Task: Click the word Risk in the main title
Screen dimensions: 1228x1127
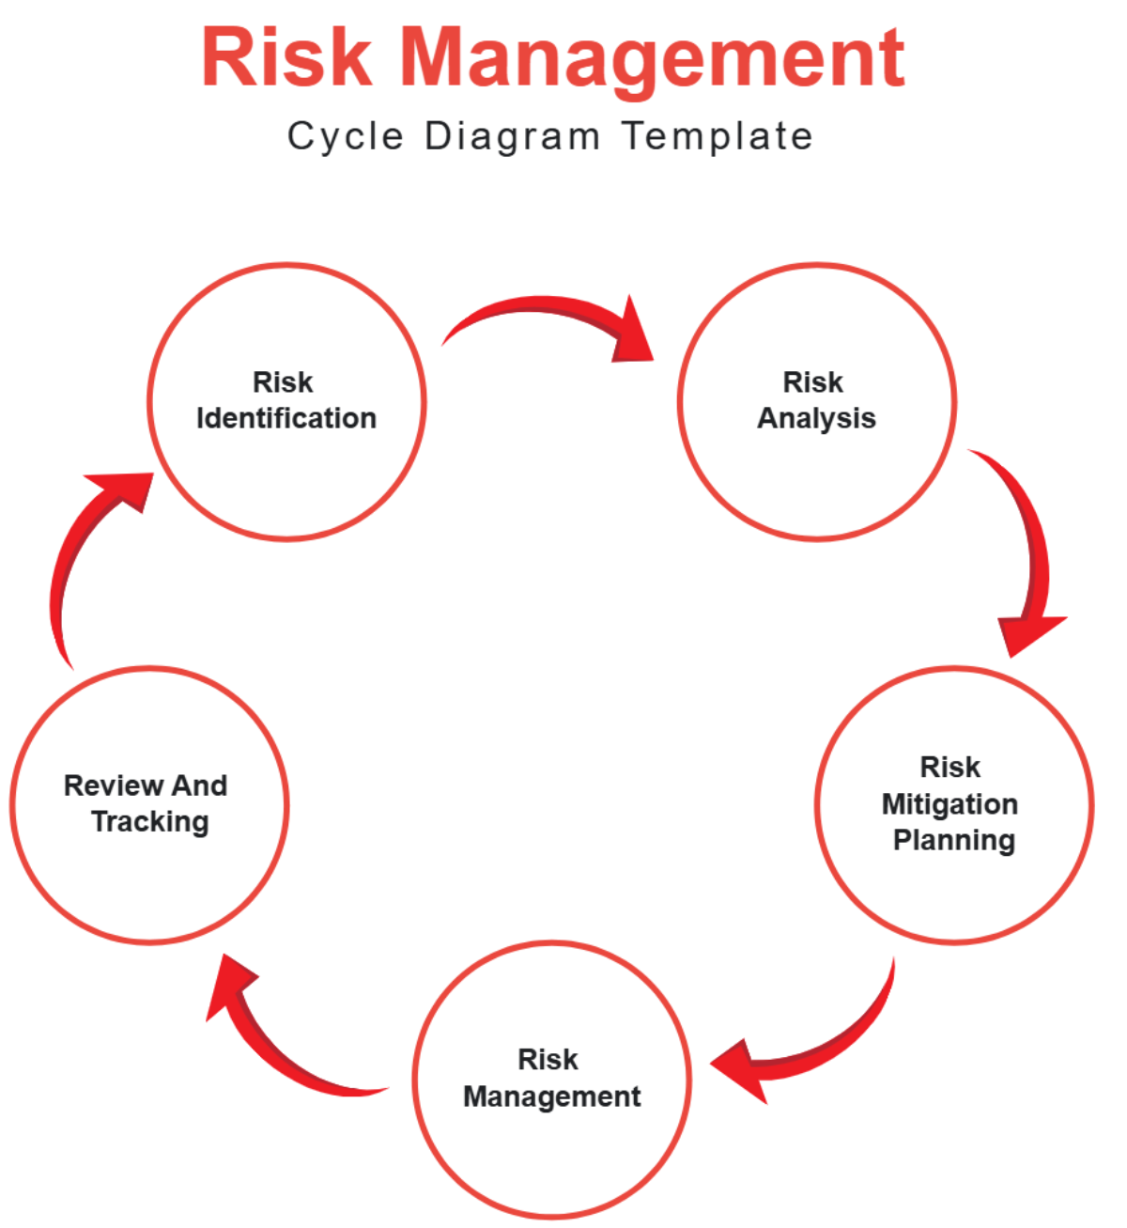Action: pos(286,58)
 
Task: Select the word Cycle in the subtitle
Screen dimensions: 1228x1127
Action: pos(345,137)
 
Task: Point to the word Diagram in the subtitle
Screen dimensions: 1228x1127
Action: pos(512,137)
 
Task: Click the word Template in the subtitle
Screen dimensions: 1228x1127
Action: pos(718,137)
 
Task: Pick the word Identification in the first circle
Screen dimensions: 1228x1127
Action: pos(286,418)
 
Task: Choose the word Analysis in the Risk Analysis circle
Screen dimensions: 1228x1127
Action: pos(816,418)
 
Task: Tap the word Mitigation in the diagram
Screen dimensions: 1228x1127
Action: pos(949,804)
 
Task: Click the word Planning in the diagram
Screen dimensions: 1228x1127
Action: pos(953,840)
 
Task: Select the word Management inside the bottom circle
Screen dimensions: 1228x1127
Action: pos(552,1096)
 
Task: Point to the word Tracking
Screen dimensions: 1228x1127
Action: pos(150,822)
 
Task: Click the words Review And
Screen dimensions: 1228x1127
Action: pos(146,785)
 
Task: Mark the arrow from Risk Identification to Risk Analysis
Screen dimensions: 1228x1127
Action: pos(554,319)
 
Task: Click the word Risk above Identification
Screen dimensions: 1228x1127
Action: pos(284,382)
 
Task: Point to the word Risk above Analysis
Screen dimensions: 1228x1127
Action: pos(813,382)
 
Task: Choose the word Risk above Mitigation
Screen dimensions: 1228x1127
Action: pos(950,768)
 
